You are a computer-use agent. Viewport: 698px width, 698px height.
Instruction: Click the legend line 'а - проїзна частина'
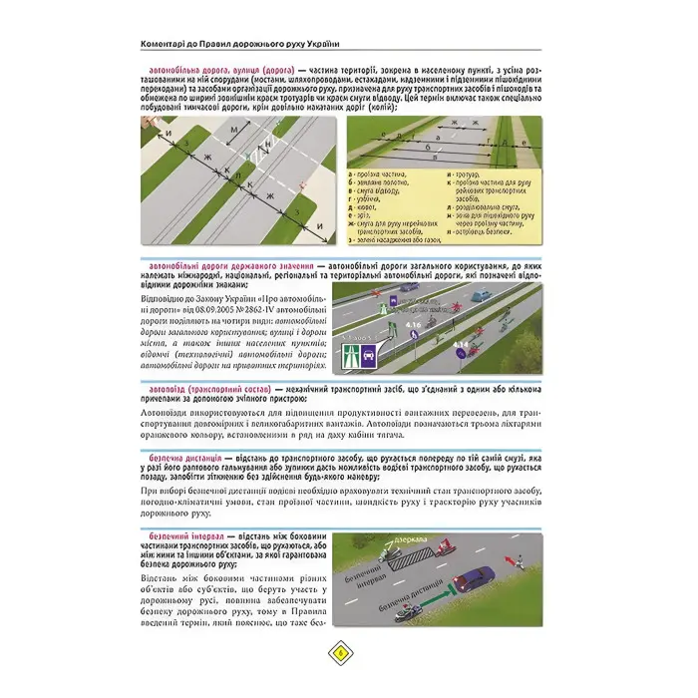coord(379,173)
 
